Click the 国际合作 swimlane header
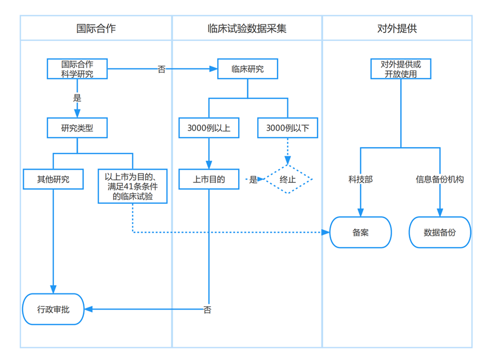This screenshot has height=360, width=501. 96,28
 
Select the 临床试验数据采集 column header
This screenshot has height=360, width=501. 247,28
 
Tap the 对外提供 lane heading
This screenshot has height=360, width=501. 397,28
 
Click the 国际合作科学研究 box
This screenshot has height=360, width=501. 77,69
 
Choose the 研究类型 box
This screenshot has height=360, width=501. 77,128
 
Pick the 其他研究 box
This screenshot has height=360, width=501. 53,179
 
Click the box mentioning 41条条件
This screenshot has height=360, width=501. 133,186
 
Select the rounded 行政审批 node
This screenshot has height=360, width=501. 53,309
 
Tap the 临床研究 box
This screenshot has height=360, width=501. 247,69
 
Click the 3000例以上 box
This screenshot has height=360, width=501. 209,128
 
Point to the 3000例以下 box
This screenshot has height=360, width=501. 287,128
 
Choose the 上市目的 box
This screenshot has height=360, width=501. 209,179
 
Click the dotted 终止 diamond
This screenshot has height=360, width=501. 288,179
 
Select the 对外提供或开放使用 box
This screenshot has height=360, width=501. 401,69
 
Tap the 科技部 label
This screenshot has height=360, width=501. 360,179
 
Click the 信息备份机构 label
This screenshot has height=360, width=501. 440,179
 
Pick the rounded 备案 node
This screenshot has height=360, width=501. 360,233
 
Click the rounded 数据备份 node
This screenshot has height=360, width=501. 440,233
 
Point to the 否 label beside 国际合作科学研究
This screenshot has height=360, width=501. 162,69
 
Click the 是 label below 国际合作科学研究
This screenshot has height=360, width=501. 77,98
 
